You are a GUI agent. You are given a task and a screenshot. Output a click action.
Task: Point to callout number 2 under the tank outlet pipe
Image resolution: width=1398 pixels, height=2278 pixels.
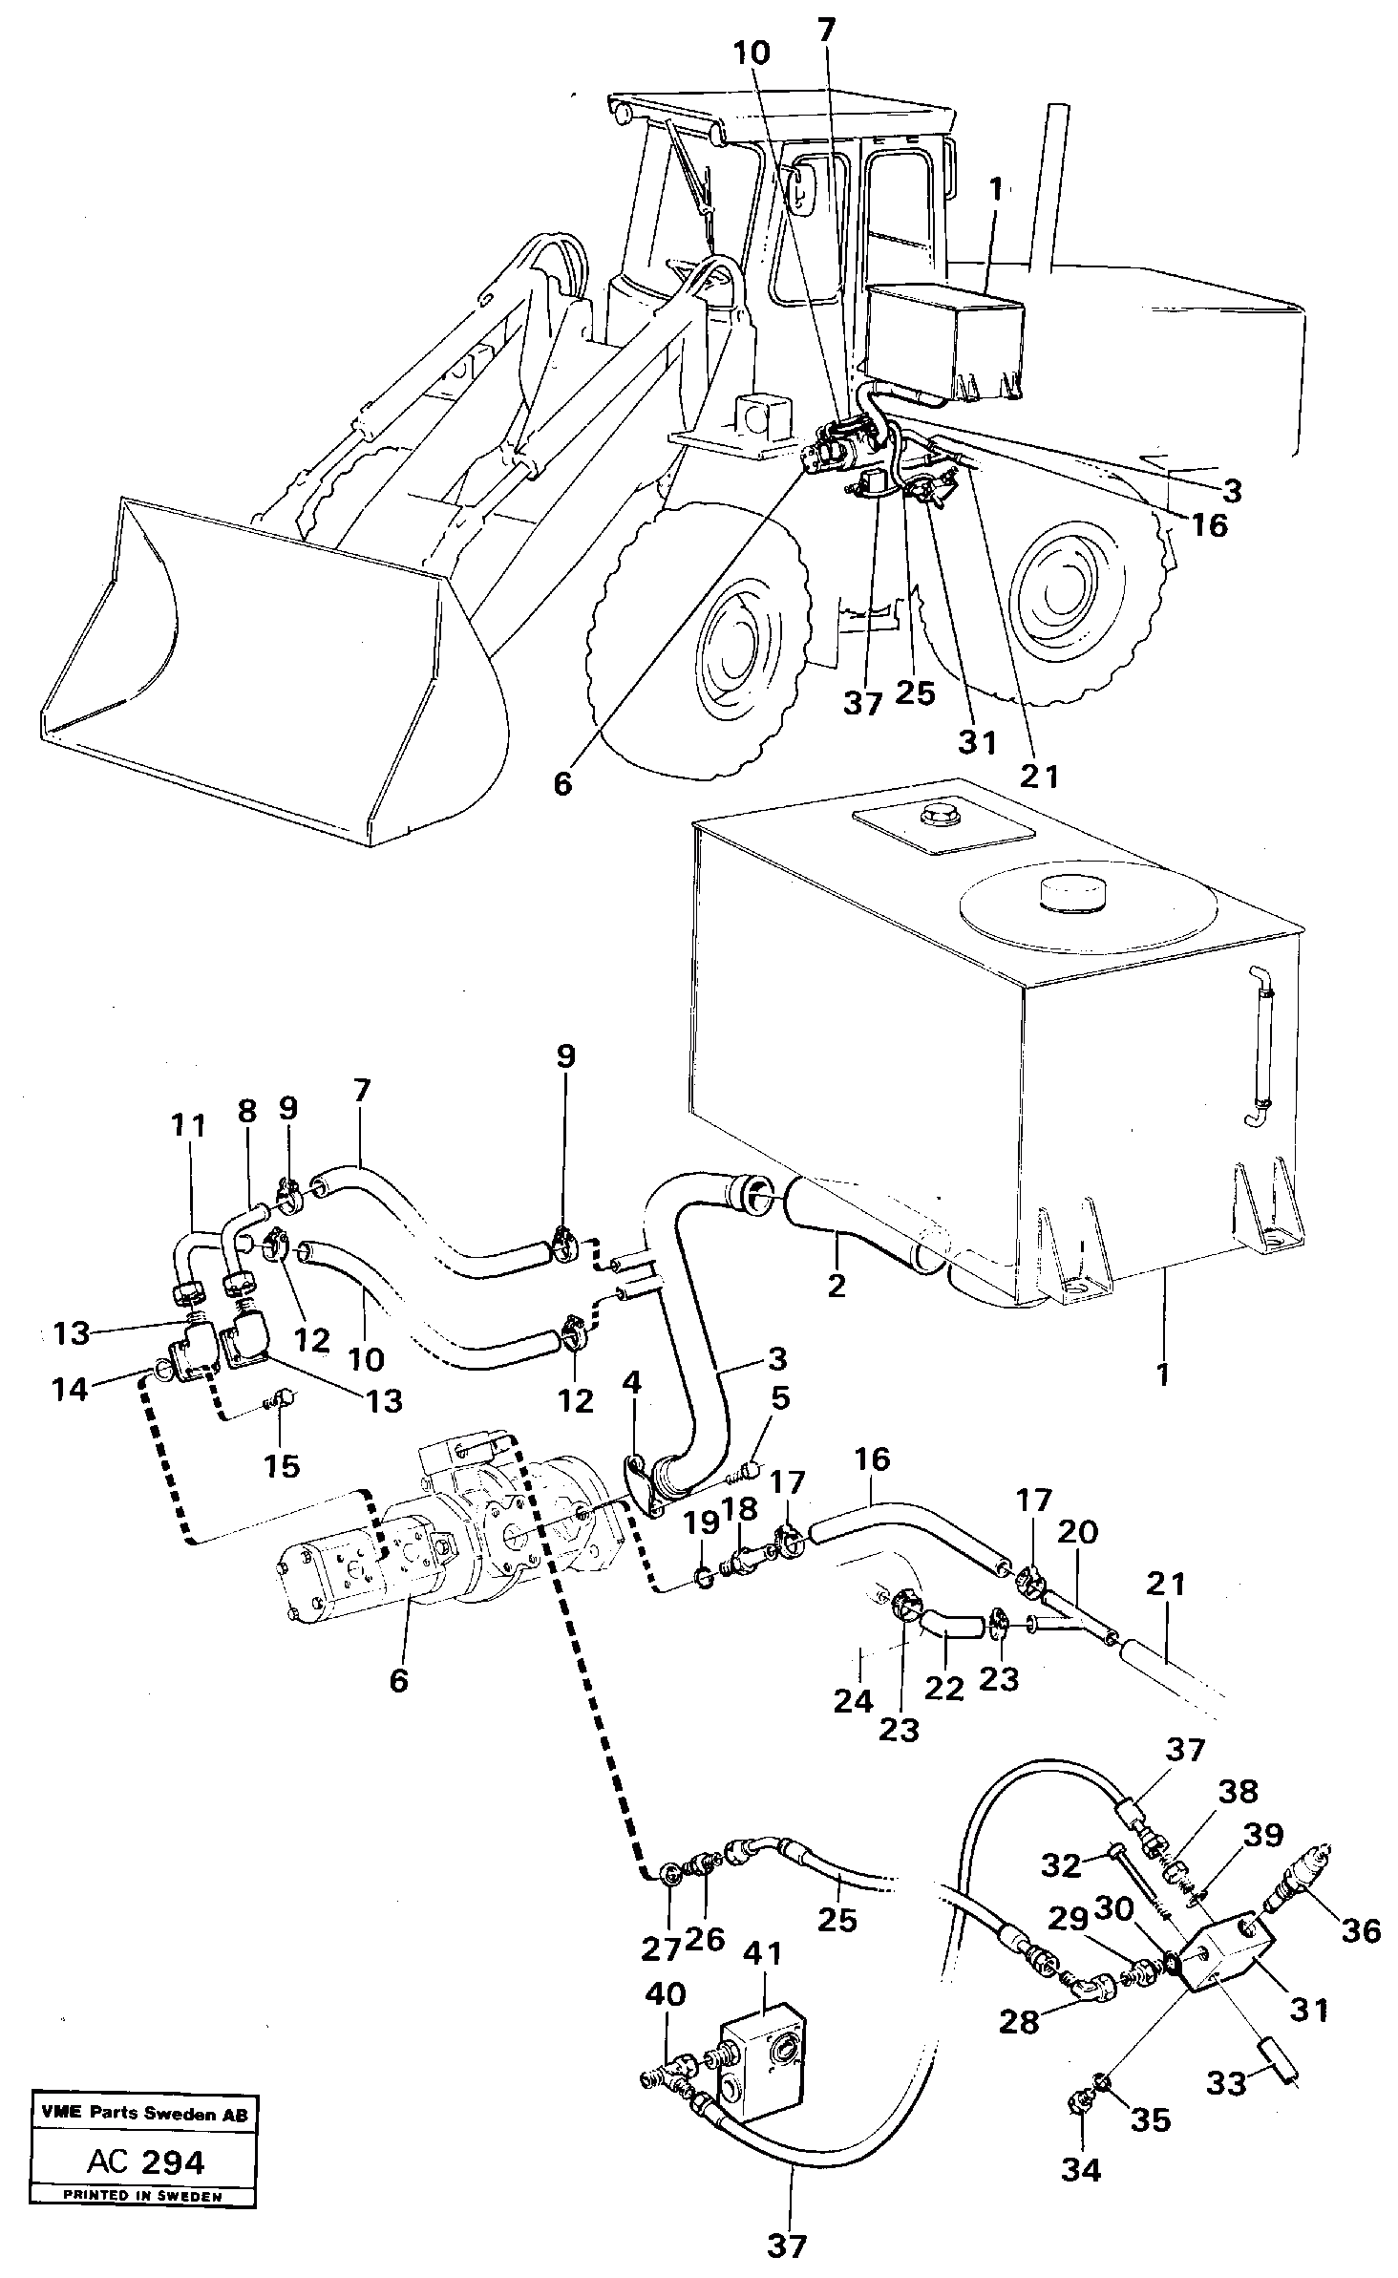coord(837,1285)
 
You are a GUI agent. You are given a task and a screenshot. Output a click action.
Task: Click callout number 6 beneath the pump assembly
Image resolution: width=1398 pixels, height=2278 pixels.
coord(398,1679)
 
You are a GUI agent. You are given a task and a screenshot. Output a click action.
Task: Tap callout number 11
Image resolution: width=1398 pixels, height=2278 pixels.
coord(188,1126)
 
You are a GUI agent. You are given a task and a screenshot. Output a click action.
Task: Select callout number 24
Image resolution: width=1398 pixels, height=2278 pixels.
coord(853,1701)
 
